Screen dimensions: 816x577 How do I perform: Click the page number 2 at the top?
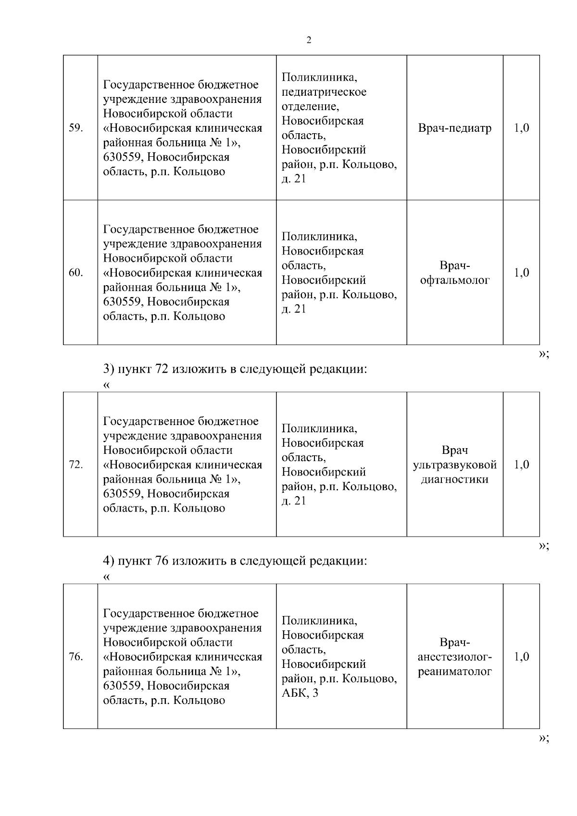point(309,40)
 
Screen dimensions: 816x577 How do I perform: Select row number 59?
point(76,128)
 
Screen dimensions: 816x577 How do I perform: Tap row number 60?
point(76,273)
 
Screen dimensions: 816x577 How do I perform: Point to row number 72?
point(76,465)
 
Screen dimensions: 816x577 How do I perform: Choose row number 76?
point(76,657)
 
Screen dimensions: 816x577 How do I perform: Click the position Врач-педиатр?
point(455,128)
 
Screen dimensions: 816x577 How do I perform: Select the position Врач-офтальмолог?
point(455,273)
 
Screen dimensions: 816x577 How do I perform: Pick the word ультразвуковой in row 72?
point(455,465)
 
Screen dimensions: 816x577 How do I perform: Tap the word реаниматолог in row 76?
point(455,672)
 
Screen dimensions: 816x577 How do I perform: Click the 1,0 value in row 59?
point(522,128)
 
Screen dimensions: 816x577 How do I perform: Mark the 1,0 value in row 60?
point(522,273)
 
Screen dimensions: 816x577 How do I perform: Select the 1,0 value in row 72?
point(522,465)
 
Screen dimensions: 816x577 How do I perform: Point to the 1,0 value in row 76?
point(522,657)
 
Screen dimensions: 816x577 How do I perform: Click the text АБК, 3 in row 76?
point(300,693)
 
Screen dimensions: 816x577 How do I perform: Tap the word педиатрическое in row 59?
point(324,92)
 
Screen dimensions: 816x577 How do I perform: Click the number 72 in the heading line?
point(162,369)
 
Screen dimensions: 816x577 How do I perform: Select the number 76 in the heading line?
point(162,561)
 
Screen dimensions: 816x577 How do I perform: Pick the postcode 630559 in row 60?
point(123,302)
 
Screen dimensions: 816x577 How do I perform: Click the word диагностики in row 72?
point(455,479)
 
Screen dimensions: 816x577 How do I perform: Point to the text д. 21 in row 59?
point(294,179)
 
